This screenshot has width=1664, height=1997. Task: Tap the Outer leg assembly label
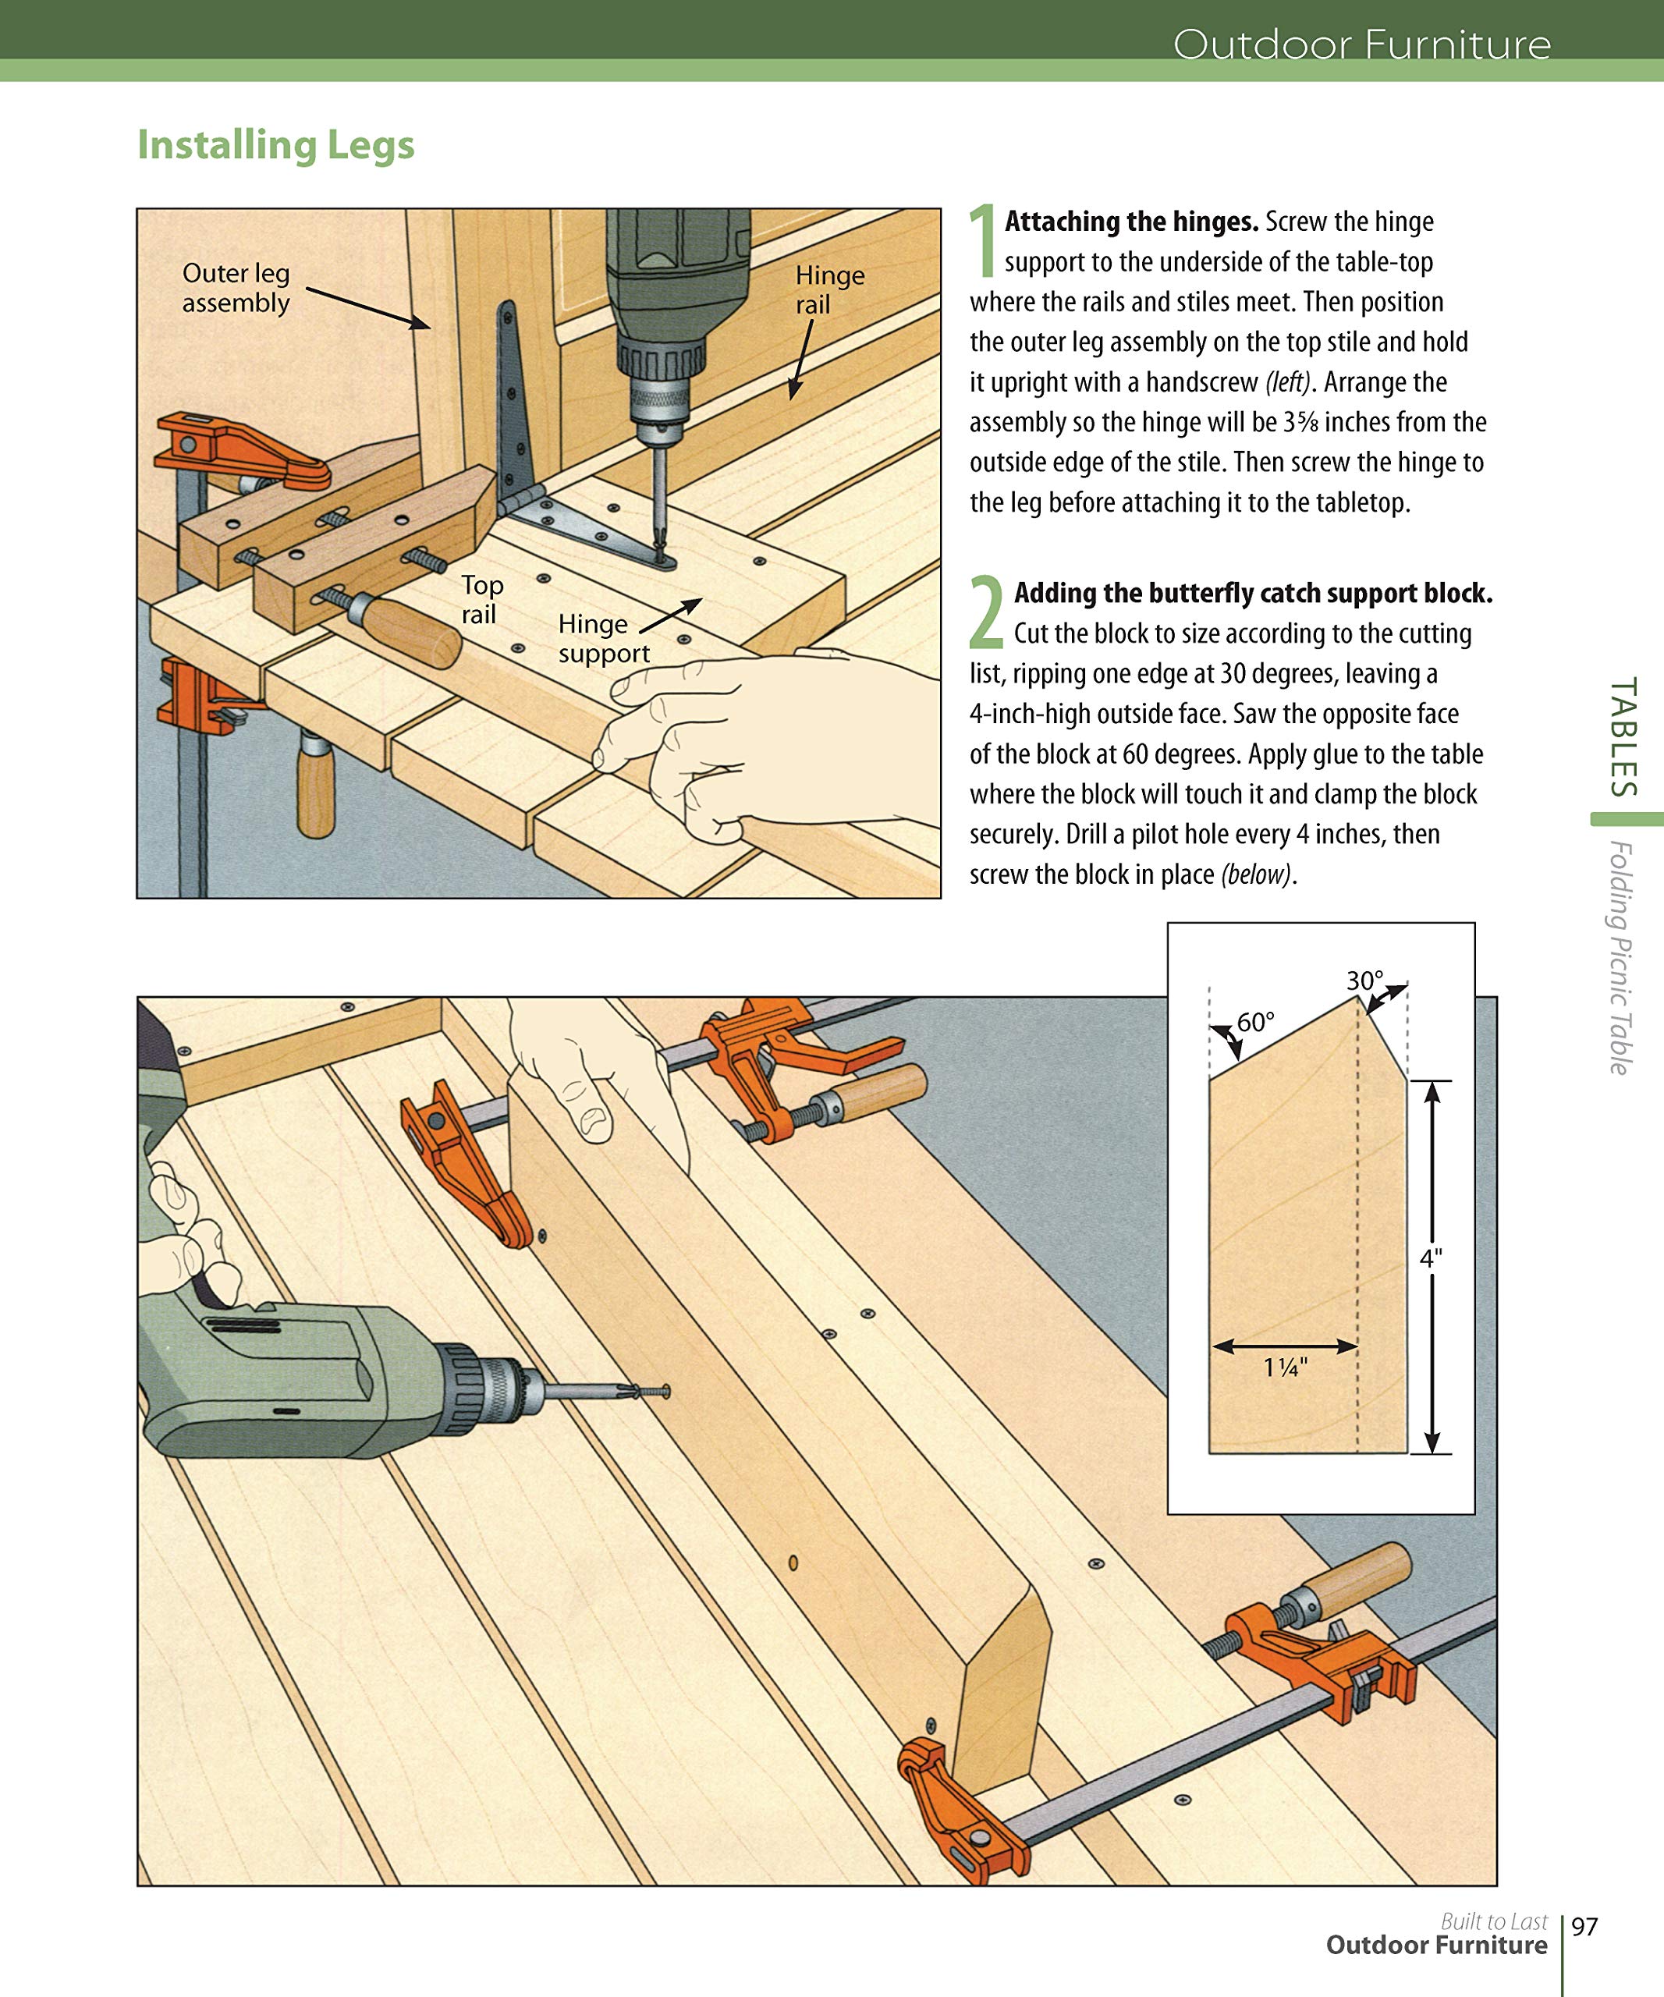235,287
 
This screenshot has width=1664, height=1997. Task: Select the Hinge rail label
829,289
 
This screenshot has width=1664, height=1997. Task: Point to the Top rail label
481,599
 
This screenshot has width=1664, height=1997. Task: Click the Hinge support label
603,638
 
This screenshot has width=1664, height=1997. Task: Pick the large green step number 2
986,612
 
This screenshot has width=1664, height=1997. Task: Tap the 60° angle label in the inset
1254,1022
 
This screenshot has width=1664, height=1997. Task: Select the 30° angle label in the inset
1364,981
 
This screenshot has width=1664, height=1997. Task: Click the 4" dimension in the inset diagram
1431,1258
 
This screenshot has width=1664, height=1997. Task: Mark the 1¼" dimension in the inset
1285,1367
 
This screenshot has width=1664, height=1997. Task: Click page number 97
1584,1927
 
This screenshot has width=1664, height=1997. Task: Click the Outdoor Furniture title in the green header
1361,44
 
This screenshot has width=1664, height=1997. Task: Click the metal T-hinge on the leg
517,409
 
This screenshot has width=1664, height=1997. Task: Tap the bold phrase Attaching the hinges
1130,222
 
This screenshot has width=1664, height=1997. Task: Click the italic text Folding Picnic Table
1620,958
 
